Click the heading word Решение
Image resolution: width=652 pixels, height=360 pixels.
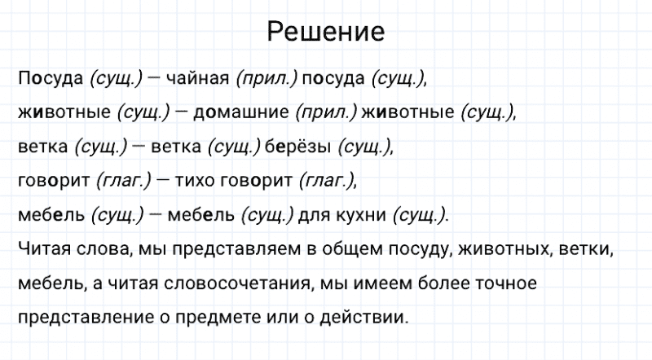pos(325,33)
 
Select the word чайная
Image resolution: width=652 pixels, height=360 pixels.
pos(199,79)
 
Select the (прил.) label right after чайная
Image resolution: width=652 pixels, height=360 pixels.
pos(267,79)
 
